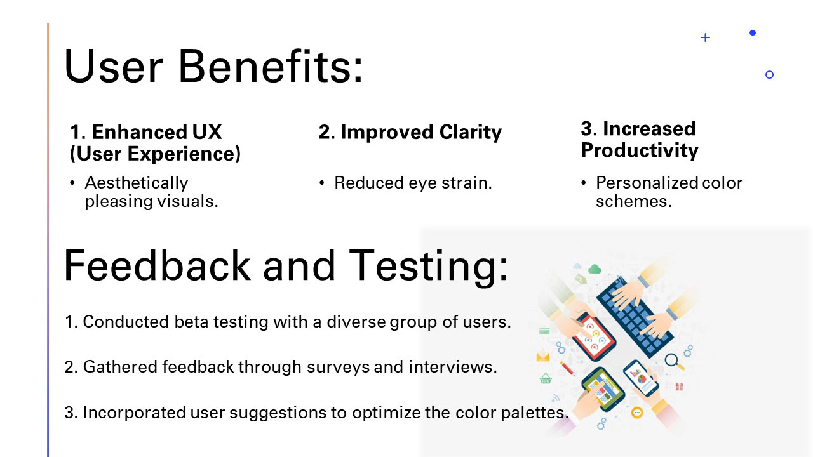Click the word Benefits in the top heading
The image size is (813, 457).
[x=271, y=66]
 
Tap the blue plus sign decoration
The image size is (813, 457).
[x=705, y=37]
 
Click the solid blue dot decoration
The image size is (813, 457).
[x=753, y=32]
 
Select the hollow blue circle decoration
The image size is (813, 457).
[x=769, y=75]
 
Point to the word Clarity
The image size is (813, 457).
[x=471, y=133]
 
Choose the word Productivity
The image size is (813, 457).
[x=640, y=150]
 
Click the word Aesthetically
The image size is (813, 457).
[x=137, y=183]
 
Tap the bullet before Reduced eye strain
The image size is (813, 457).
[x=321, y=183]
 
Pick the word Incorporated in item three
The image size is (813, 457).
[x=134, y=413]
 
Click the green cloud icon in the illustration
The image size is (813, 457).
[x=595, y=269]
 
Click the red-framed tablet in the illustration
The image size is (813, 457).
[x=594, y=336]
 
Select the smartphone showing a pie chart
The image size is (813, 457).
[x=641, y=378]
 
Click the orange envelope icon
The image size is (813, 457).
[x=543, y=357]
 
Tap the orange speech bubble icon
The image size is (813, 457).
[x=637, y=413]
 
